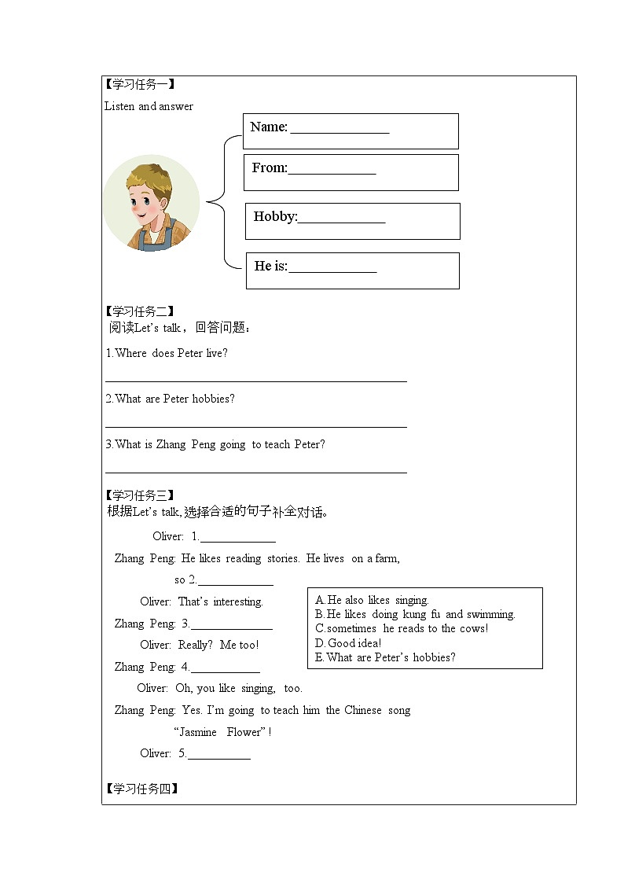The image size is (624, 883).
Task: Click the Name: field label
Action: tap(269, 127)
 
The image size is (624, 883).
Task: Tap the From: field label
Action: tap(270, 168)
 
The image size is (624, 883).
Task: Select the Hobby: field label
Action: tap(275, 217)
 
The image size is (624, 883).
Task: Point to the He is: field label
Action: tap(271, 267)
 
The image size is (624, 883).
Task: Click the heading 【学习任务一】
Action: tap(140, 84)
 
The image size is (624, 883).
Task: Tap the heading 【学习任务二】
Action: tap(140, 311)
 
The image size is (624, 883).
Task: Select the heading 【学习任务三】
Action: tap(140, 495)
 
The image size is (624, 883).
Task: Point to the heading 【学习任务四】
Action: tap(140, 789)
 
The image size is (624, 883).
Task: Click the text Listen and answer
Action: tap(149, 106)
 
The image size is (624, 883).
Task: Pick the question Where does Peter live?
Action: tap(167, 353)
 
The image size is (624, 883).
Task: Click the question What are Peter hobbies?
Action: tap(170, 399)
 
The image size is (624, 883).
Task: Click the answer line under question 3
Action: tap(256, 473)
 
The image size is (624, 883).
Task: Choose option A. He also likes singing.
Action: tap(372, 600)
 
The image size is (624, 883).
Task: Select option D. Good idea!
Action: tap(348, 643)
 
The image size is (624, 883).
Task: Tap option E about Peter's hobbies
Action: tap(385, 657)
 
